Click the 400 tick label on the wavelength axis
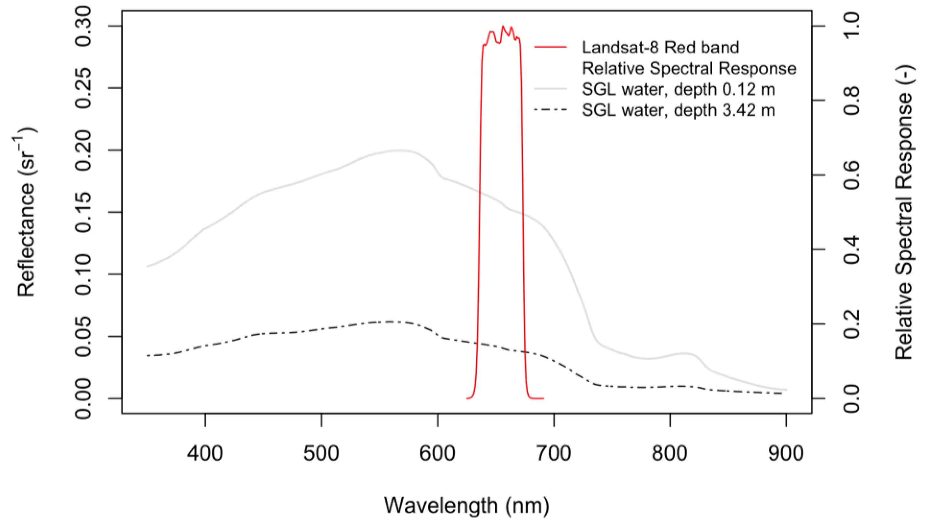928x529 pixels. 205,454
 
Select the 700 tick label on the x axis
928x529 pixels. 554,454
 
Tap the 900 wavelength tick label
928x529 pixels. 786,454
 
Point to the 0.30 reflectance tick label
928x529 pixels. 83,26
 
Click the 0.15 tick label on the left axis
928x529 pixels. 83,212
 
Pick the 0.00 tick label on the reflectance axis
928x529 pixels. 83,399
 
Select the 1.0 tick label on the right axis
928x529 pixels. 852,26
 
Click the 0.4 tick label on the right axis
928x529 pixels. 852,249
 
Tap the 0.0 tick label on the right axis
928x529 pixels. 852,399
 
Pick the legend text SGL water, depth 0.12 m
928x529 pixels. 678,89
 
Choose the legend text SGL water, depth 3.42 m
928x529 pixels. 678,110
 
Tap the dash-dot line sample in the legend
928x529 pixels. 550,110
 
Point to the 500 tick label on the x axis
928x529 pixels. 321,454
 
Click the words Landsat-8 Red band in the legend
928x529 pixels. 660,47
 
